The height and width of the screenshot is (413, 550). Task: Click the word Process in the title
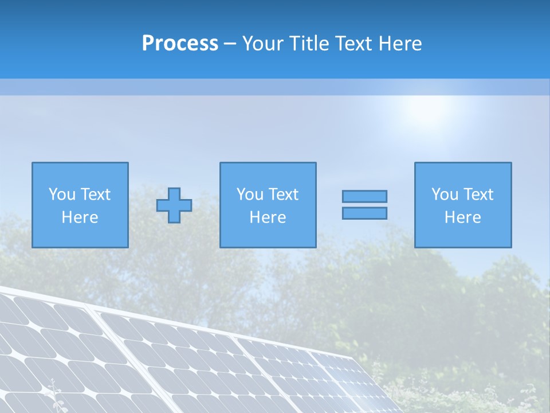tap(180, 44)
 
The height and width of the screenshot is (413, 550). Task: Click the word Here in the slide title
tap(399, 44)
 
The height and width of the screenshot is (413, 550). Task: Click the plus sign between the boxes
tap(174, 205)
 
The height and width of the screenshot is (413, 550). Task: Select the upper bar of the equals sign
tap(364, 196)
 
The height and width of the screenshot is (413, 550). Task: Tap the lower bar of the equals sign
tap(364, 213)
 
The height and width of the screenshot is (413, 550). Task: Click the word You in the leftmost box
tap(62, 194)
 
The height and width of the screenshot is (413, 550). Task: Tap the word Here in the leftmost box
tap(80, 217)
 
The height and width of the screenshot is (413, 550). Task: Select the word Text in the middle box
tap(283, 194)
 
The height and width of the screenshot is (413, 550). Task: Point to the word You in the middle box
tap(250, 194)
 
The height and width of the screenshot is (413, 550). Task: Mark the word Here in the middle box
tap(268, 217)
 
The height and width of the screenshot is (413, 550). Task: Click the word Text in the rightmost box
tap(478, 194)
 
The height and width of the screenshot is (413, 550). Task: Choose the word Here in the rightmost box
tap(462, 217)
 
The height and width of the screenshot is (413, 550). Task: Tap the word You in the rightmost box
tap(445, 194)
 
